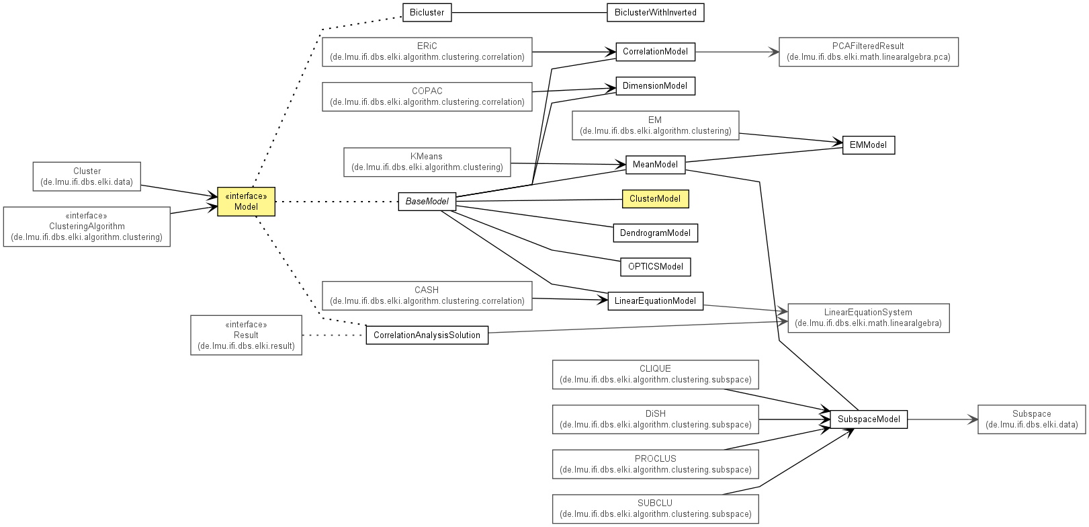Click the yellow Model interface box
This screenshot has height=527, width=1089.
[246, 202]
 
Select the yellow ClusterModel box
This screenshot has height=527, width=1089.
[655, 199]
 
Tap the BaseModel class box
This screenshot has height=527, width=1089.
[427, 202]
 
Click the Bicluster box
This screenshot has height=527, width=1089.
[427, 13]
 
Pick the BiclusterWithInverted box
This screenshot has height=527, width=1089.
[655, 13]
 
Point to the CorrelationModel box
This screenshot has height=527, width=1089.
[655, 52]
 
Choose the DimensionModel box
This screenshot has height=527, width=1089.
[655, 86]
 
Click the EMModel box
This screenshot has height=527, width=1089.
[868, 145]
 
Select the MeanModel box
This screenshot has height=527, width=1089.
[655, 165]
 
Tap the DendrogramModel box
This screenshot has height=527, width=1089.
[655, 233]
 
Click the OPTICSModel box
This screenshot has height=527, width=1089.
[655, 267]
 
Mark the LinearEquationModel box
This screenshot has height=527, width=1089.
[655, 300]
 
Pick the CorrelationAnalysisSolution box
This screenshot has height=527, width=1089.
[427, 335]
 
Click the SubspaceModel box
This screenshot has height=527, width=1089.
[868, 419]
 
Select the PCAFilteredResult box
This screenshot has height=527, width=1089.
[868, 52]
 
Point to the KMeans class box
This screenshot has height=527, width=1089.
[427, 162]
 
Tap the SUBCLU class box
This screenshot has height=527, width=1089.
[655, 509]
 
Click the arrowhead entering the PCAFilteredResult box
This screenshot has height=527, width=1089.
[774, 52]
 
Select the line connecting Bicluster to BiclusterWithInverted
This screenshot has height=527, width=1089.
[529, 13]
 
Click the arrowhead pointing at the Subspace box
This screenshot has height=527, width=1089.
[973, 419]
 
